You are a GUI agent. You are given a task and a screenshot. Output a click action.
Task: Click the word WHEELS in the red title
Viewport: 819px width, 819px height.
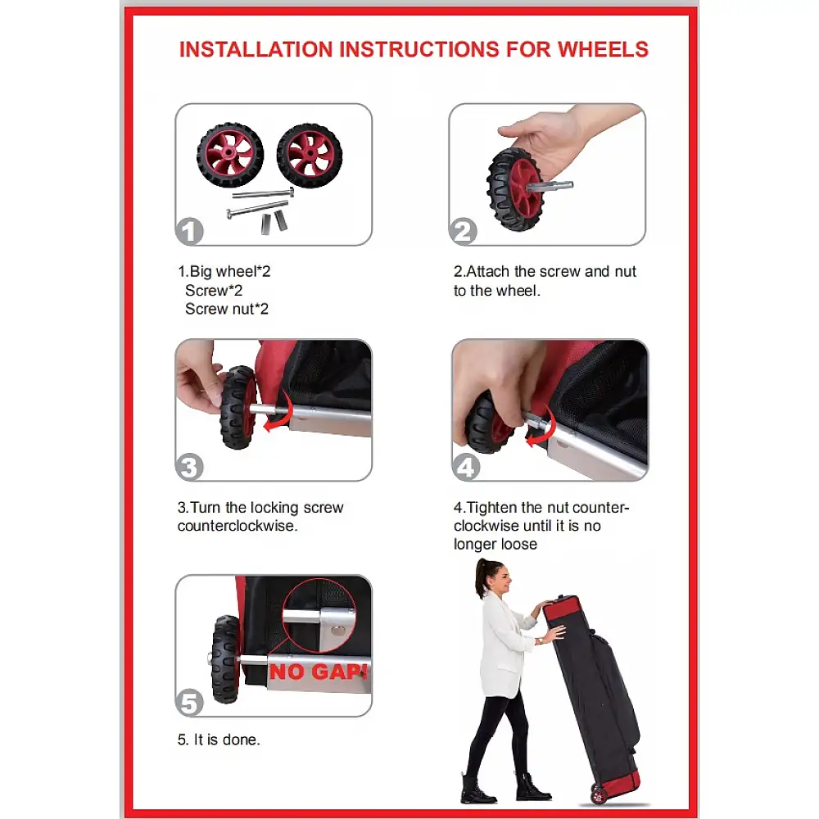[603, 50]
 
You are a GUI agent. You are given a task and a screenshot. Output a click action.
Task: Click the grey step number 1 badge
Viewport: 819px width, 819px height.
[189, 231]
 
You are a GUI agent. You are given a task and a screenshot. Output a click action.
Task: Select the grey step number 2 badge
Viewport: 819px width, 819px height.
[463, 231]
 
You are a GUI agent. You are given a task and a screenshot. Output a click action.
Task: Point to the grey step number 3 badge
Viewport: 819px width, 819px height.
[189, 467]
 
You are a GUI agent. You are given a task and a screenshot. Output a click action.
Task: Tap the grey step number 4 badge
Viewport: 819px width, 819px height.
[466, 467]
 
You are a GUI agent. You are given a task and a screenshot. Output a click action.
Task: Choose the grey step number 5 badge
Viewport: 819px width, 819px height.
[189, 702]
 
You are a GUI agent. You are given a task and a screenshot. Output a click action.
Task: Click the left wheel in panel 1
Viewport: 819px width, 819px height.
[230, 155]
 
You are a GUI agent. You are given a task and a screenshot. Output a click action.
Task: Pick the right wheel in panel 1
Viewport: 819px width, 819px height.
[310, 156]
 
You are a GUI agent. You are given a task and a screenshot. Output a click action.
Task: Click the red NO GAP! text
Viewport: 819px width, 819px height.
[318, 672]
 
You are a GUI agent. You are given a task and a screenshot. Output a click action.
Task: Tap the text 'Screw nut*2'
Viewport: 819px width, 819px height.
[227, 309]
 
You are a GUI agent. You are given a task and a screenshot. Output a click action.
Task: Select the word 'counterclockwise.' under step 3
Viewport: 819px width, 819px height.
[238, 526]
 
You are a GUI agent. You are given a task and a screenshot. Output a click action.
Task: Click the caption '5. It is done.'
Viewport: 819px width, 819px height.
[219, 739]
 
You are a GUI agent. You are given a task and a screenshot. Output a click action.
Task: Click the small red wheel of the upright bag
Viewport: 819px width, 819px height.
[598, 794]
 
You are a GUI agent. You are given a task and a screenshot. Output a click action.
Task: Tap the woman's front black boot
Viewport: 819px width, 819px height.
[532, 788]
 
